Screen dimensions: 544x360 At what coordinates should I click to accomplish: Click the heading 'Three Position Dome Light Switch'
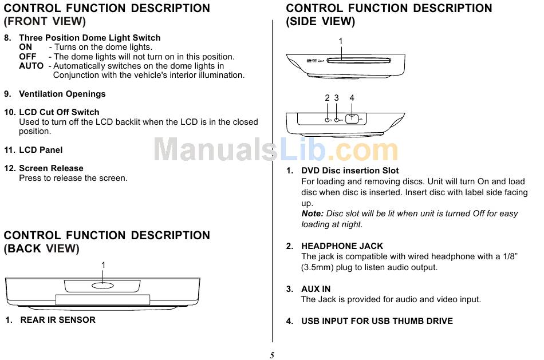click(x=90, y=38)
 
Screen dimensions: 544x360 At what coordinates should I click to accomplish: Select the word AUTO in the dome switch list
click(x=31, y=66)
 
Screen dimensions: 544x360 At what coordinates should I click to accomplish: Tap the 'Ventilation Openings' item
click(x=62, y=94)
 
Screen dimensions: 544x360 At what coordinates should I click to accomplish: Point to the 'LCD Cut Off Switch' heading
click(x=59, y=112)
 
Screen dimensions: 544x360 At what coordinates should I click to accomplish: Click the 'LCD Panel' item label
click(x=41, y=150)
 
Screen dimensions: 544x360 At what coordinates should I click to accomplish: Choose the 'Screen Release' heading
click(x=51, y=168)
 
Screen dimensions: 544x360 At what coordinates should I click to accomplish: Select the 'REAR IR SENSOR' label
click(x=58, y=320)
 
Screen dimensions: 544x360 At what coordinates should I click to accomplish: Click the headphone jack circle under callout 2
click(x=327, y=120)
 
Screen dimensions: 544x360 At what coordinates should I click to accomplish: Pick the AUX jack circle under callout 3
click(x=337, y=120)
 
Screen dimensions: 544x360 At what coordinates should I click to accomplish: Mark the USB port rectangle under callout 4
click(x=352, y=119)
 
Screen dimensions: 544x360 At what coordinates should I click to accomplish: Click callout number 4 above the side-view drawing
click(x=352, y=98)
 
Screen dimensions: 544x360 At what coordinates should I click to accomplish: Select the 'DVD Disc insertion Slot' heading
click(x=350, y=171)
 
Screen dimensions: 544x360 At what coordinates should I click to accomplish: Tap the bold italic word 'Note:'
click(x=312, y=213)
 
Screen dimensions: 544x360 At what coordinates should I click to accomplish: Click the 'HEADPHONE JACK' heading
click(x=342, y=246)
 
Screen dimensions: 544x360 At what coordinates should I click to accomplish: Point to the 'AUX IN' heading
click(x=316, y=289)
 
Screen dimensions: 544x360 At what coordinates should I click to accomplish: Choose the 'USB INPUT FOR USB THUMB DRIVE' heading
click(x=377, y=321)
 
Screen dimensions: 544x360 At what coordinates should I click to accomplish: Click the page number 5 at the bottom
click(x=272, y=355)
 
